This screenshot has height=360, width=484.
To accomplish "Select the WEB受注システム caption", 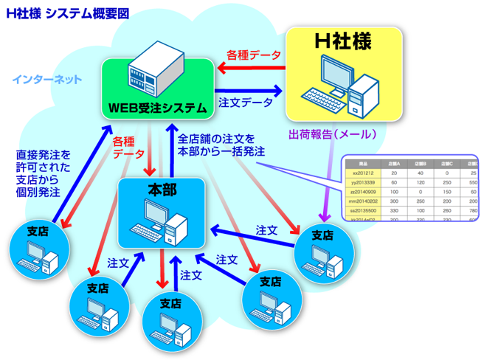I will [157, 108].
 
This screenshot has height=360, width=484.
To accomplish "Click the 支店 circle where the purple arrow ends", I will [323, 250].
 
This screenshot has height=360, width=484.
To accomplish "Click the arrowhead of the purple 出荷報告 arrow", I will [322, 218].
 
